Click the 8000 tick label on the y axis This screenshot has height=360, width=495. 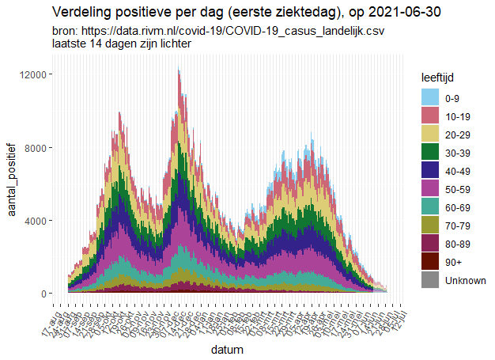point(39,147)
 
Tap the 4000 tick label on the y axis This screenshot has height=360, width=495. point(39,221)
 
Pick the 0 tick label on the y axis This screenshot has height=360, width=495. point(46,294)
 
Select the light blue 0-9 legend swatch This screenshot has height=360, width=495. point(429,99)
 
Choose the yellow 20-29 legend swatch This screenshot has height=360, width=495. point(429,135)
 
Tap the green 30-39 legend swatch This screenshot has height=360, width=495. point(429,153)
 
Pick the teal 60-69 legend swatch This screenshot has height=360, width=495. point(429,208)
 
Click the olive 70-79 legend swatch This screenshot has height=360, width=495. point(429,226)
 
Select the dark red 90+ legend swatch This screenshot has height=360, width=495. point(429,263)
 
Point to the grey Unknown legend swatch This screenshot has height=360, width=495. point(429,281)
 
